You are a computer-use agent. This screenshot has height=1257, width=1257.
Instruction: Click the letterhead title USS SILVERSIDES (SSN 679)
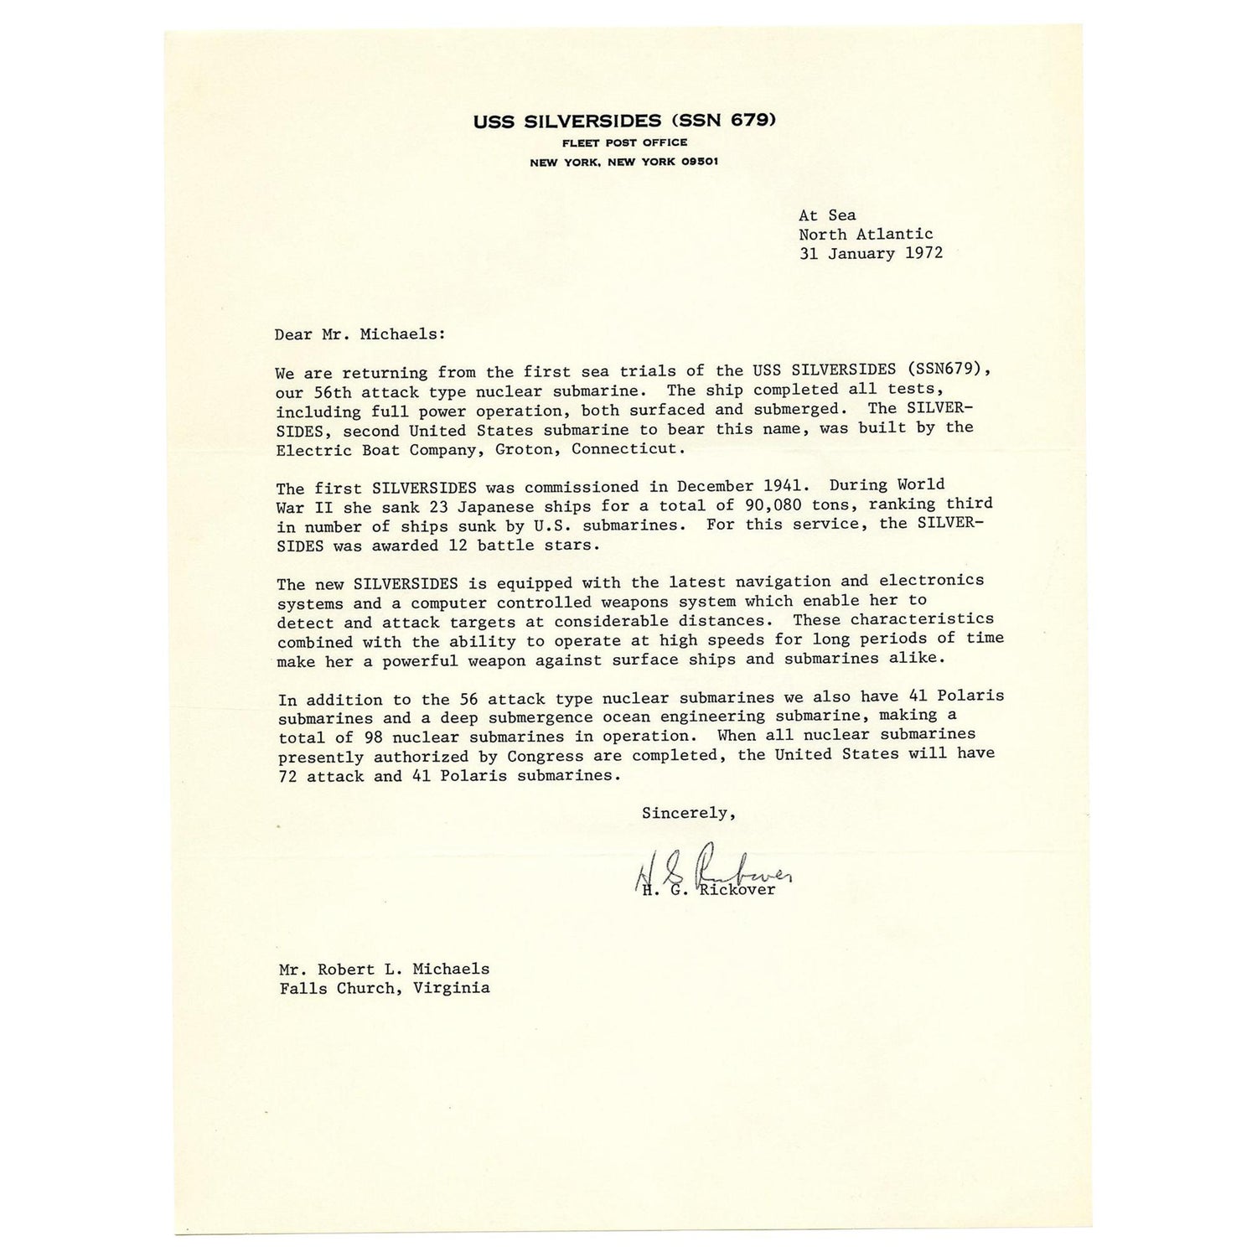click(x=625, y=120)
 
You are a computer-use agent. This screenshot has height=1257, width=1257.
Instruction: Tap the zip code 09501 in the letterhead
click(x=698, y=163)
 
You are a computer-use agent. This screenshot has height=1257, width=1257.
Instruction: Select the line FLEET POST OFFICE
click(x=625, y=142)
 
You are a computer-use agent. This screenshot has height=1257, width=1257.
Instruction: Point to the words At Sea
click(x=827, y=215)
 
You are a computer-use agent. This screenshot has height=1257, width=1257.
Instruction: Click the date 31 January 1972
click(x=871, y=253)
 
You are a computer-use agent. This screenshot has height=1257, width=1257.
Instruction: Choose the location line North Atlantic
click(x=866, y=235)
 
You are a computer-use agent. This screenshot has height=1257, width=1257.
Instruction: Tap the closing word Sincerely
click(x=688, y=812)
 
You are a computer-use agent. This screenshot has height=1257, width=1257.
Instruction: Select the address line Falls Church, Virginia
click(x=385, y=988)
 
